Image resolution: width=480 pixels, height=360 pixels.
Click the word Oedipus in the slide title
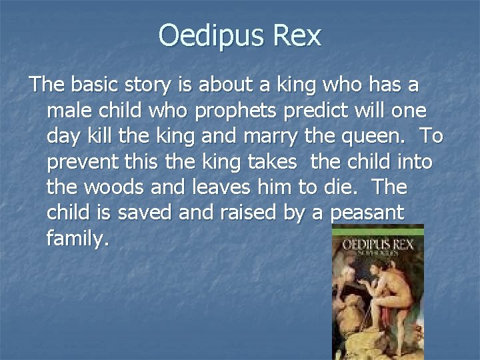(209, 35)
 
